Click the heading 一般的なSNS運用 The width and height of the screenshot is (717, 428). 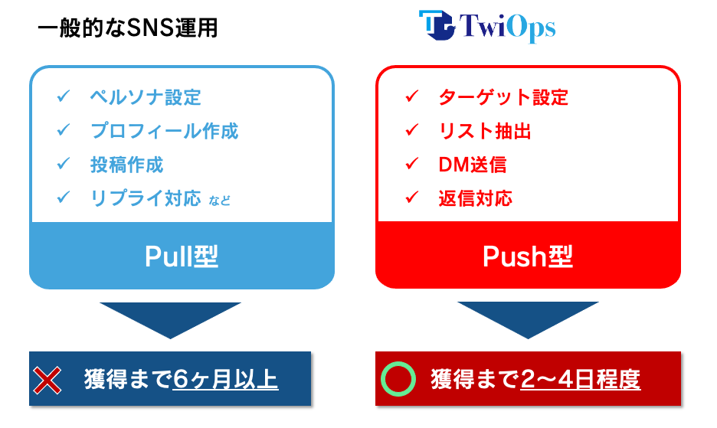(127, 28)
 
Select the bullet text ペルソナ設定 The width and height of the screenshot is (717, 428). (145, 97)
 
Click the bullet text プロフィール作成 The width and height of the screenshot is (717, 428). (164, 131)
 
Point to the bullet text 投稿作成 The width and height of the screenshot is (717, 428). (126, 165)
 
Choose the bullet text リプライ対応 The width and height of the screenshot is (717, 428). (145, 198)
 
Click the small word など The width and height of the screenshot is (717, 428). (220, 201)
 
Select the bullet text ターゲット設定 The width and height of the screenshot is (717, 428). (503, 97)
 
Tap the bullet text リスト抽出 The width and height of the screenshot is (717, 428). (484, 131)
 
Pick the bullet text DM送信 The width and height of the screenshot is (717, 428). (472, 165)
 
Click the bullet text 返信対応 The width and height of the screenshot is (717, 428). (475, 198)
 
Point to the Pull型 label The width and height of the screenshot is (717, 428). (182, 256)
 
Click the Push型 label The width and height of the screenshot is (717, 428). (528, 256)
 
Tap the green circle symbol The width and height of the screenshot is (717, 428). (398, 378)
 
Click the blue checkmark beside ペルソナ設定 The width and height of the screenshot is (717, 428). (63, 96)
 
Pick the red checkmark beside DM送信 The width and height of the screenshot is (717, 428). (412, 164)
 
